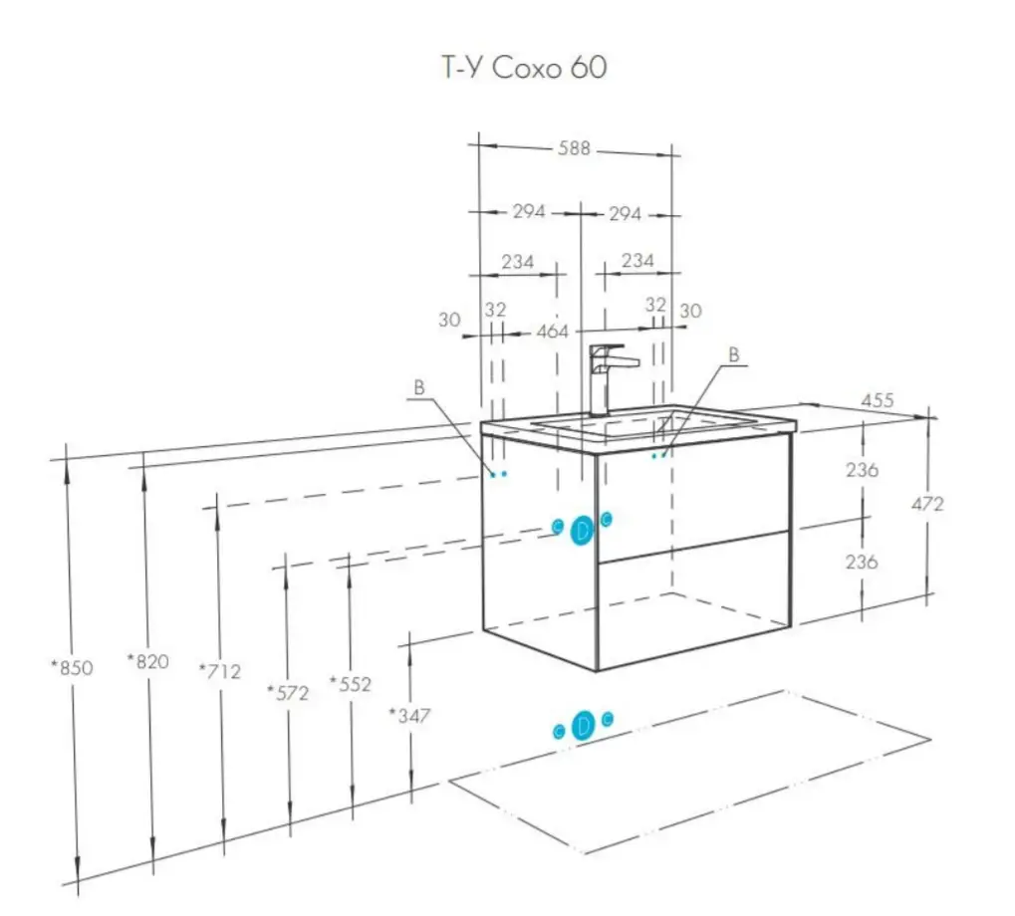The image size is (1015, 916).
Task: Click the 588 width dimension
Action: tap(575, 148)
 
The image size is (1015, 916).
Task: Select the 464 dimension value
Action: tap(552, 331)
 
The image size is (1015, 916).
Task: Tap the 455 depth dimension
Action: tap(878, 400)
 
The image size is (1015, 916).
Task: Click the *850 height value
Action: tap(73, 667)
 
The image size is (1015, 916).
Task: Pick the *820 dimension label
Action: tap(148, 660)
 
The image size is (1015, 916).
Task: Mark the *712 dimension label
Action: tap(220, 671)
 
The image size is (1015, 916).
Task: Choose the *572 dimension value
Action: tap(288, 692)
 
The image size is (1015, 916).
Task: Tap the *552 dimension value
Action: tap(351, 684)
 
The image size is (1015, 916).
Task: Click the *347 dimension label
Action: tap(409, 715)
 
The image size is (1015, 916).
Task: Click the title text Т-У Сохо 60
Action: tap(524, 68)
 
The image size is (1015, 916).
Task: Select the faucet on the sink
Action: tap(604, 379)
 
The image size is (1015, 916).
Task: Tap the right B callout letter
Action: tap(734, 353)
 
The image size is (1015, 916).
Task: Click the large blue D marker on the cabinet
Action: tap(583, 531)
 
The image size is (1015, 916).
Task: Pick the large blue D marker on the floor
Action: tap(584, 726)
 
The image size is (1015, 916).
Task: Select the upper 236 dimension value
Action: tap(862, 470)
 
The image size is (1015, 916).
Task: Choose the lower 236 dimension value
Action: tap(862, 562)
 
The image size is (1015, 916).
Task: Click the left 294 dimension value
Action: tap(529, 212)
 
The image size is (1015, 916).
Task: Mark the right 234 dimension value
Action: tap(637, 261)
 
